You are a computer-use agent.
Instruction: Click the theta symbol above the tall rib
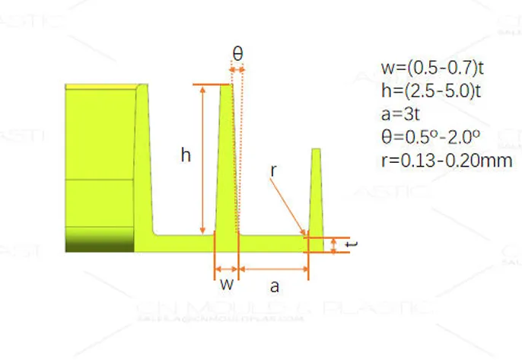click(237, 54)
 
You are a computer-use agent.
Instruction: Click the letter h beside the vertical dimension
click(185, 155)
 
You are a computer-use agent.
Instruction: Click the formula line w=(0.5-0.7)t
click(432, 68)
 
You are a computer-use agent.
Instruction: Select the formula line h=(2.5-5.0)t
click(432, 91)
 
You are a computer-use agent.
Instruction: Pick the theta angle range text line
click(430, 138)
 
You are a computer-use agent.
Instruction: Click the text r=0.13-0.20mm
click(446, 161)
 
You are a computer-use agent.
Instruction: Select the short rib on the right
click(316, 194)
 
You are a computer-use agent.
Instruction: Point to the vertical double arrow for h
click(202, 160)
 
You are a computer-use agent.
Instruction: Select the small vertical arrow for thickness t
click(336, 244)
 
